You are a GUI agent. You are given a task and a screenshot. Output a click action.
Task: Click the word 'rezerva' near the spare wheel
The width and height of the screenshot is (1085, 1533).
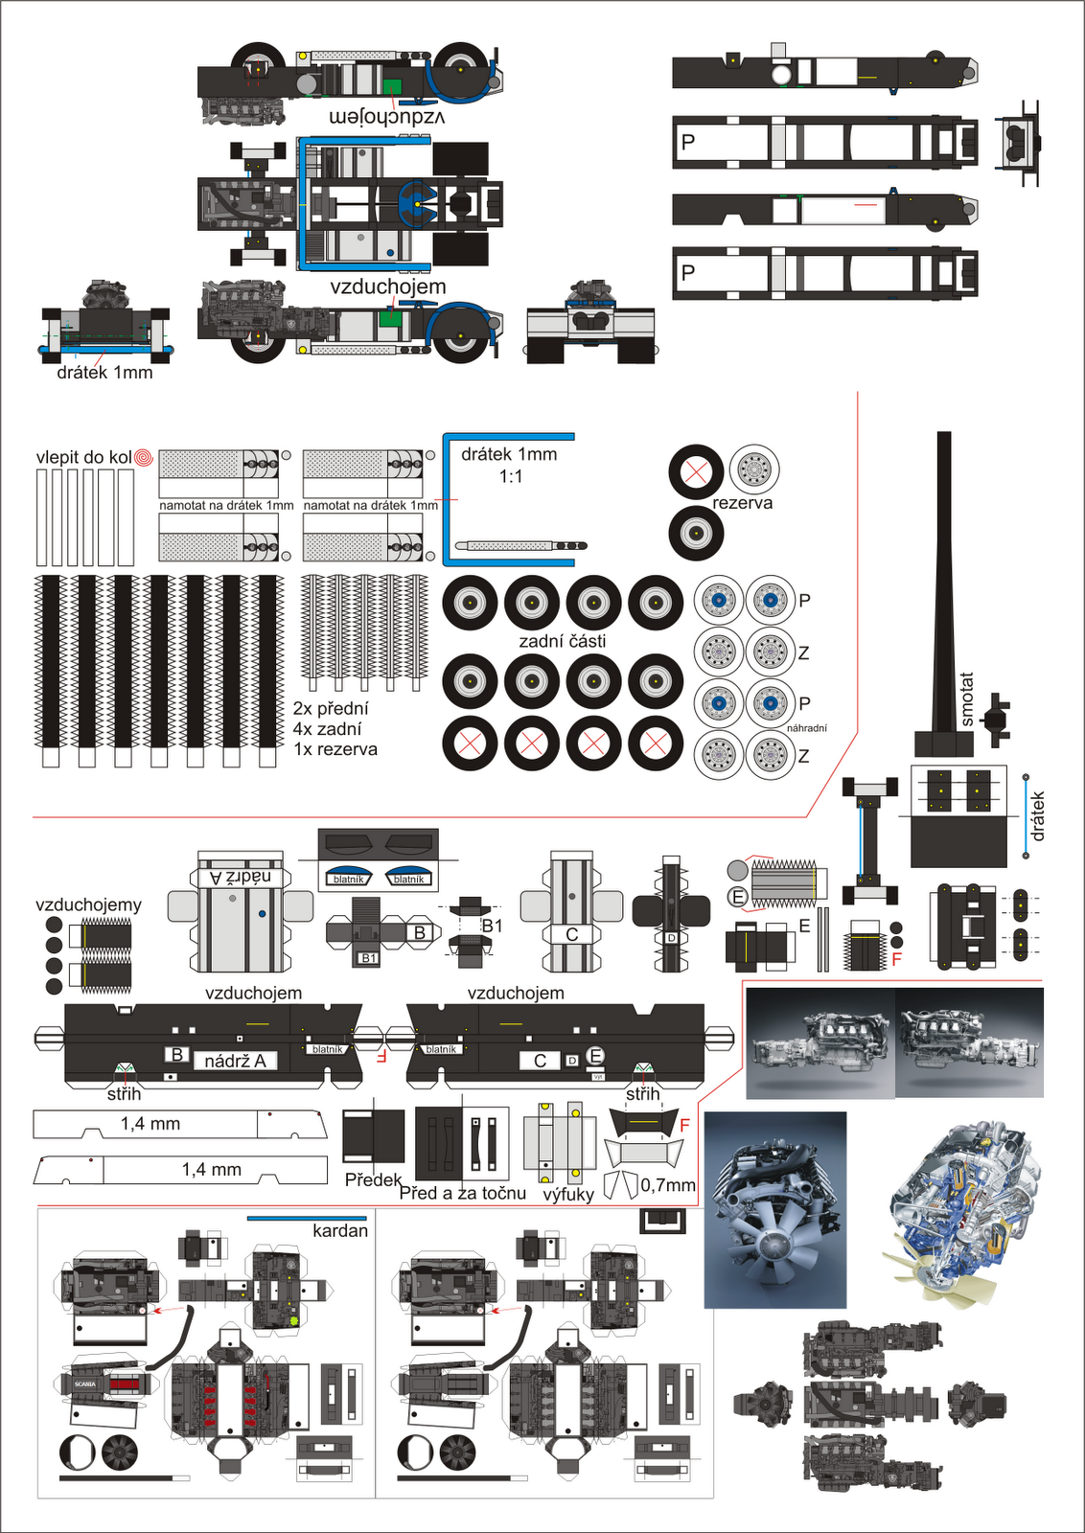pyautogui.click(x=742, y=503)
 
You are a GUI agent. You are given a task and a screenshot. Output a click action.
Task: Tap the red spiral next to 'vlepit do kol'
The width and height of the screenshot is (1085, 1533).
pyautogui.click(x=144, y=457)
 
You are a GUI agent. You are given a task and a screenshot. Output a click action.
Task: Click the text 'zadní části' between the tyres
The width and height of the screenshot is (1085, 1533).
pyautogui.click(x=563, y=641)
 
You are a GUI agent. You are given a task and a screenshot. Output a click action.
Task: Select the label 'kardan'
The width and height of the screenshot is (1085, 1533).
pyautogui.click(x=340, y=1230)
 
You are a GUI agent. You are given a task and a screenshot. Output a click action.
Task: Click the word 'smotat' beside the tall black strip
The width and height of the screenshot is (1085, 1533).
pyautogui.click(x=967, y=699)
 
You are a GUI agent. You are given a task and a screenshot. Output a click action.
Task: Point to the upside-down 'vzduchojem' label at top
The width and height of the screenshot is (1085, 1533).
pyautogui.click(x=387, y=117)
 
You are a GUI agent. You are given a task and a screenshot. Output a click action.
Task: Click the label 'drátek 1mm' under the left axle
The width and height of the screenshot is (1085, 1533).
pyautogui.click(x=104, y=373)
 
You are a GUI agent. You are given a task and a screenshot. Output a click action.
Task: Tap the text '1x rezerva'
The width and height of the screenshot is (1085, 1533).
pyautogui.click(x=335, y=749)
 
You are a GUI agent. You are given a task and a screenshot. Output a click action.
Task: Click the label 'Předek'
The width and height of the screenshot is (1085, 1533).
pyautogui.click(x=373, y=1179)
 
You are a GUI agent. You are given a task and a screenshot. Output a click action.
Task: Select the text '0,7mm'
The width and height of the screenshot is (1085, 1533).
pyautogui.click(x=668, y=1185)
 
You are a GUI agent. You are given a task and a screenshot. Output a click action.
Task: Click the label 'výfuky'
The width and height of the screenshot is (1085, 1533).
pyautogui.click(x=568, y=1194)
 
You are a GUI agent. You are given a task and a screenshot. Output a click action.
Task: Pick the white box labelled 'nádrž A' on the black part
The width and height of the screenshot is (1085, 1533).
pyautogui.click(x=235, y=1061)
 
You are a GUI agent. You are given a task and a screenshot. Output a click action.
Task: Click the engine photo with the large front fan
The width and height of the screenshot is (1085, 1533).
pyautogui.click(x=775, y=1210)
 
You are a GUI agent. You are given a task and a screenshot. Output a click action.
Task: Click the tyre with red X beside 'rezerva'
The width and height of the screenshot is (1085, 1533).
pyautogui.click(x=696, y=471)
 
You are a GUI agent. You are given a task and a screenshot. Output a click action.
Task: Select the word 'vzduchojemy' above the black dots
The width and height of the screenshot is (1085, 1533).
pyautogui.click(x=88, y=904)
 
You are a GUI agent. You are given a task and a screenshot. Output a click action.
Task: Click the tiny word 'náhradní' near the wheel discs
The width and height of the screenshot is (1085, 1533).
pyautogui.click(x=806, y=728)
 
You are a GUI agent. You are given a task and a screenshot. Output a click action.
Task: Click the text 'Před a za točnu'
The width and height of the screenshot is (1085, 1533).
pyautogui.click(x=463, y=1193)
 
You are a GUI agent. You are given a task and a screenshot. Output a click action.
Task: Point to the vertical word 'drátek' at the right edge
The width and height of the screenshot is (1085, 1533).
pyautogui.click(x=1038, y=816)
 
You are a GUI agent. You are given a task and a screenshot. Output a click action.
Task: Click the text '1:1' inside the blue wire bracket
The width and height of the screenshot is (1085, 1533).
pyautogui.click(x=511, y=476)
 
